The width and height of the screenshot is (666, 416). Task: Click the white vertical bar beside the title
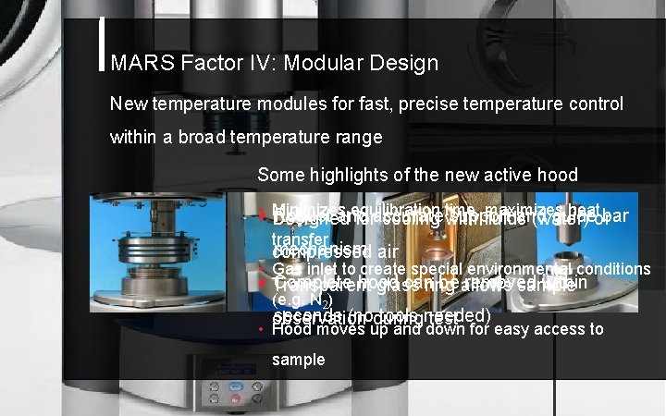tap(101, 45)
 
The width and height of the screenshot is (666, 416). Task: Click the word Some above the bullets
tap(277, 174)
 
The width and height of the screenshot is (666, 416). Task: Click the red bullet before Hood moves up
tap(262, 330)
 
